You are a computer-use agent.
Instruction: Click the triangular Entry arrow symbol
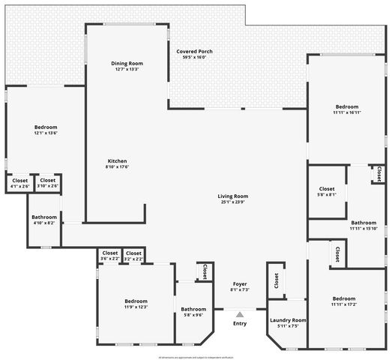click(240, 315)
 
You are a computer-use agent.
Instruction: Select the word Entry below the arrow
click(240, 324)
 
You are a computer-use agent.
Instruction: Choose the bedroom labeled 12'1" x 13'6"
click(45, 130)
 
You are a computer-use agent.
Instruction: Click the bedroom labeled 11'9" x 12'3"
click(136, 304)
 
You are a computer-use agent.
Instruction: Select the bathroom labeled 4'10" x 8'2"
click(44, 220)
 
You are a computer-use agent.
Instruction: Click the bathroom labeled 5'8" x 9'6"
click(193, 311)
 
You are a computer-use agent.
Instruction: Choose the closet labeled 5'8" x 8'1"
click(327, 191)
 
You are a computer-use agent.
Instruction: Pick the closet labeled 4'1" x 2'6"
click(19, 182)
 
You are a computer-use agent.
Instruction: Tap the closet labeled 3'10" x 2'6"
click(47, 182)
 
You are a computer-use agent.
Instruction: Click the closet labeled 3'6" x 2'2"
click(109, 256)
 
